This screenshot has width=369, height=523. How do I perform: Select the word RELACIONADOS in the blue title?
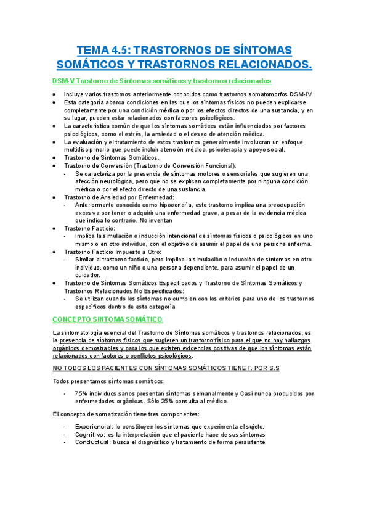pyautogui.click(x=264, y=64)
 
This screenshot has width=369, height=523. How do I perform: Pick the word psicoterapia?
pyautogui.click(x=232, y=149)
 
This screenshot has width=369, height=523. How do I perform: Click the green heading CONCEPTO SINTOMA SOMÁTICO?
pyautogui.click(x=108, y=319)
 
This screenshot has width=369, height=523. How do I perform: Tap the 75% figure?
pyautogui.click(x=81, y=393)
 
